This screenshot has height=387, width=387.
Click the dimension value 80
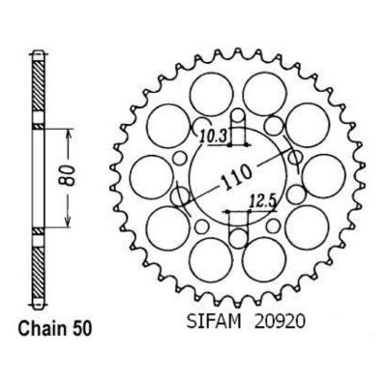tap(68, 176)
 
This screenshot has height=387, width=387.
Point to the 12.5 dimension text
tap(263, 203)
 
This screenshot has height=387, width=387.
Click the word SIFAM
tap(214, 322)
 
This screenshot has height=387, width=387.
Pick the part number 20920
tap(280, 322)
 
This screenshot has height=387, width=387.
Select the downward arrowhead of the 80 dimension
tap(68, 221)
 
